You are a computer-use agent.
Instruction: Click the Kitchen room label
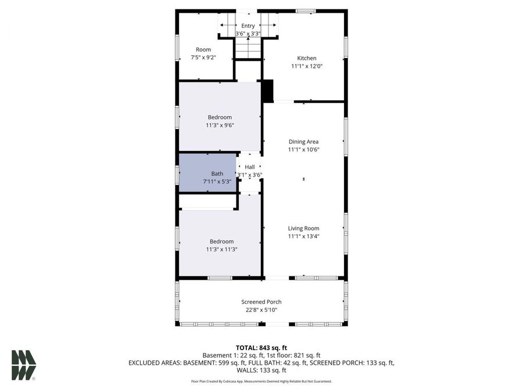tap(307, 58)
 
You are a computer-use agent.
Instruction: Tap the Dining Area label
tap(303, 142)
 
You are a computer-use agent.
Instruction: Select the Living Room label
tap(303, 228)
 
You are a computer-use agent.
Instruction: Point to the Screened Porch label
tap(261, 302)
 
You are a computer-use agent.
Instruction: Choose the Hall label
tap(250, 167)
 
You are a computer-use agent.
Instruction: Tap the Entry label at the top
tap(248, 26)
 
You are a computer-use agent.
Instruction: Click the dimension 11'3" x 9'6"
tap(220, 125)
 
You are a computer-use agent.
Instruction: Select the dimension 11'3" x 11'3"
tap(221, 249)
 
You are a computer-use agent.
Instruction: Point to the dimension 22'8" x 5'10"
tap(261, 310)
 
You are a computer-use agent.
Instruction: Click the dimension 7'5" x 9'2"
tap(203, 57)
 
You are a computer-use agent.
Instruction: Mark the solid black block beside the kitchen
tap(267, 91)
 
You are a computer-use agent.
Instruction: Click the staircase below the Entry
tap(248, 48)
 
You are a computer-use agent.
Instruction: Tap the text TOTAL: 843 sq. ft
tap(261, 347)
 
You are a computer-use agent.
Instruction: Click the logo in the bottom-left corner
tap(24, 365)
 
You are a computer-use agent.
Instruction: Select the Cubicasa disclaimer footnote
tap(261, 382)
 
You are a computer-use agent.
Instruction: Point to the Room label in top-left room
tap(203, 49)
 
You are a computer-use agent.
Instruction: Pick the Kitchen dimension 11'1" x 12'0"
tap(307, 66)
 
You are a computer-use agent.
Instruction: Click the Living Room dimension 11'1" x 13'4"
tap(303, 236)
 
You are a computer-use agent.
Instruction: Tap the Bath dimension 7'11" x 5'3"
tap(217, 182)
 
